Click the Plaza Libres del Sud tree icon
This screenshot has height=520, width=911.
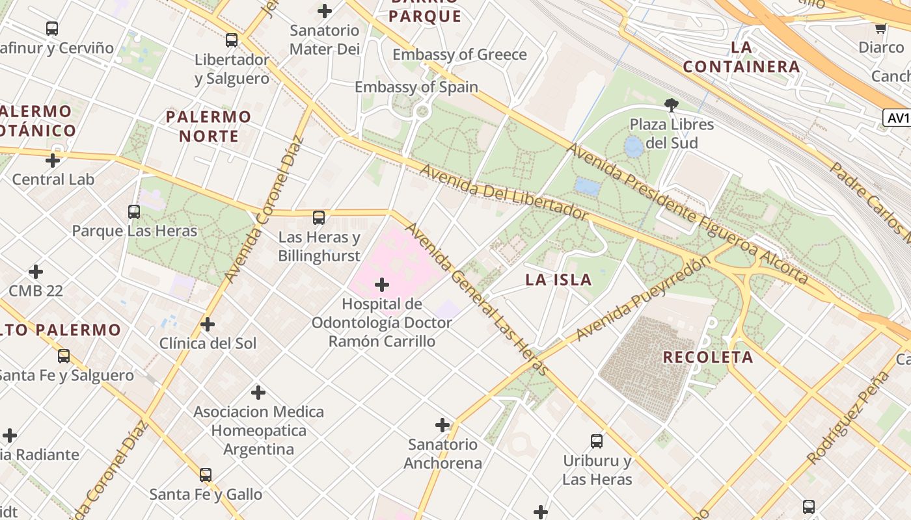click(x=672, y=105)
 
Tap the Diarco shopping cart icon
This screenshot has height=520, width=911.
click(x=880, y=28)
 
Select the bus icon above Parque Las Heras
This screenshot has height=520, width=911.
click(x=134, y=211)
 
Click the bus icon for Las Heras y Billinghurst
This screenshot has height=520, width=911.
click(x=319, y=218)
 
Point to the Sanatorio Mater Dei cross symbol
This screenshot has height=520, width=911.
click(x=325, y=10)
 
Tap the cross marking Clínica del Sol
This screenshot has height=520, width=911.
click(x=208, y=324)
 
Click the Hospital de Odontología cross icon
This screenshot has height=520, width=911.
click(x=382, y=285)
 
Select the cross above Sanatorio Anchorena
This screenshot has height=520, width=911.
click(x=442, y=425)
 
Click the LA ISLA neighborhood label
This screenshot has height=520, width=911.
click(x=559, y=280)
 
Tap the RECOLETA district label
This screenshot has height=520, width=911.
click(x=708, y=357)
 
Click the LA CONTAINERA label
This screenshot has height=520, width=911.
click(x=741, y=57)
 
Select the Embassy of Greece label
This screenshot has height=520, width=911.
click(x=459, y=55)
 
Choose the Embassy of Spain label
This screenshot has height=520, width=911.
click(x=416, y=87)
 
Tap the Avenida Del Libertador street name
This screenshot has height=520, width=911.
click(x=504, y=193)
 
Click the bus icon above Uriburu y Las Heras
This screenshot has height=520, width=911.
click(x=597, y=441)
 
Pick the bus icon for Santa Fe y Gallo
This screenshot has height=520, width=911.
click(x=206, y=475)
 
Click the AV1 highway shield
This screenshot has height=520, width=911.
click(x=897, y=118)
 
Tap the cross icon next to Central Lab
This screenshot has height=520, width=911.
click(x=53, y=160)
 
